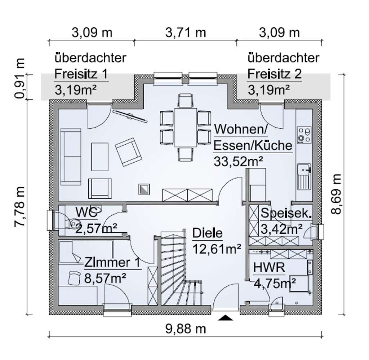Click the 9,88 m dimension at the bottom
(x=186, y=329)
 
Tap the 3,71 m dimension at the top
(x=186, y=32)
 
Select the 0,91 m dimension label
(x=19, y=78)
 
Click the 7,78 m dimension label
(x=19, y=207)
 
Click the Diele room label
(x=207, y=233)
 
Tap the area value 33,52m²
(x=238, y=162)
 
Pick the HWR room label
(x=269, y=268)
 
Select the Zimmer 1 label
(x=112, y=262)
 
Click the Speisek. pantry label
(x=286, y=213)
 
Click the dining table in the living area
(x=186, y=127)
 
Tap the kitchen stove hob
(x=304, y=135)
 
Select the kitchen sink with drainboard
(x=304, y=176)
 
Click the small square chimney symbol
(x=144, y=189)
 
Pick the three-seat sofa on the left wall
(x=71, y=157)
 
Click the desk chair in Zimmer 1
(x=74, y=278)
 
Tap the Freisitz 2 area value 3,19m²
(x=269, y=90)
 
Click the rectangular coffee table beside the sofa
(x=100, y=157)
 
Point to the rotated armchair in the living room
(x=129, y=152)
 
